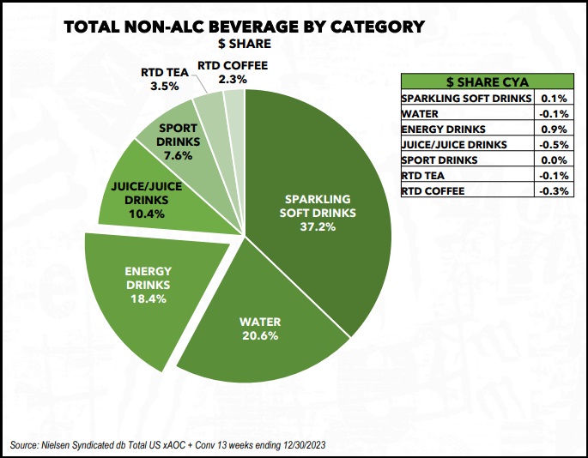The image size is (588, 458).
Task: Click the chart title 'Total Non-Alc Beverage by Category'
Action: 245,26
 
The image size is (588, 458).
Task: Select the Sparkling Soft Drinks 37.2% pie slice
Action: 318,214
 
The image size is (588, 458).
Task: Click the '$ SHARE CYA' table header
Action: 486,82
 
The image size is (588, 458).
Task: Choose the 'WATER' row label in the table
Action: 421,113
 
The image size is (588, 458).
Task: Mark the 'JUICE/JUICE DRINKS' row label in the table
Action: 450,144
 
